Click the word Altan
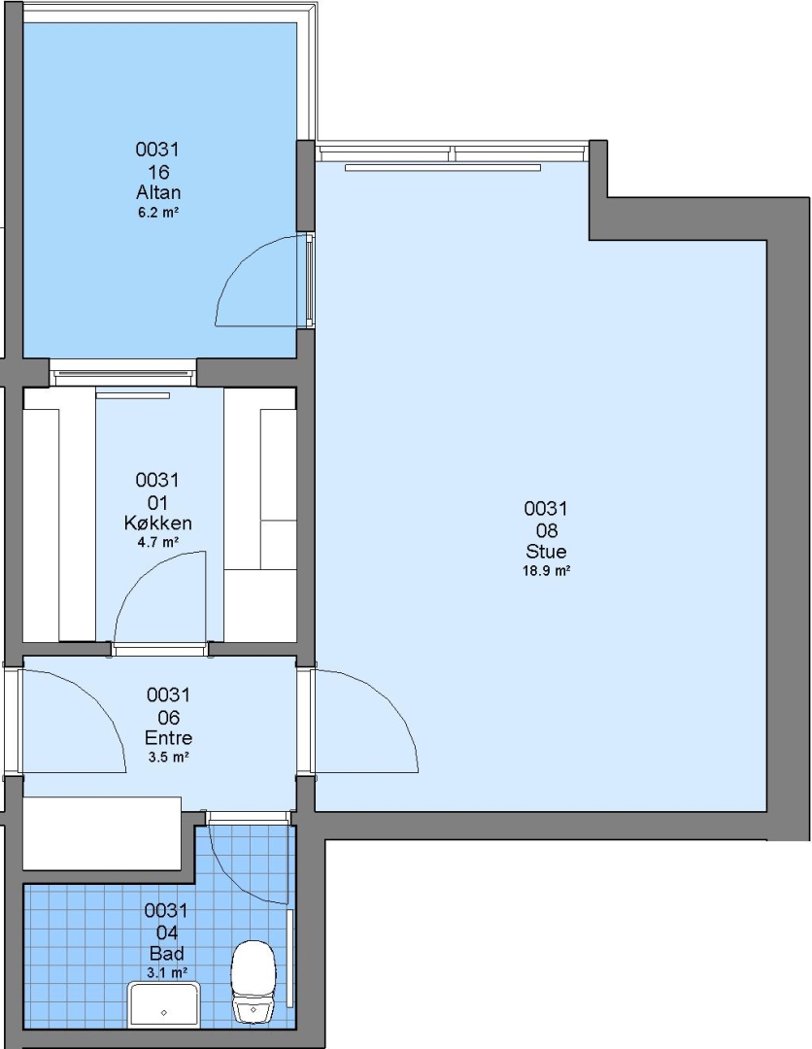pyautogui.click(x=158, y=192)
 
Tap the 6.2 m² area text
pyautogui.click(x=158, y=213)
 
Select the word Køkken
pyautogui.click(x=158, y=523)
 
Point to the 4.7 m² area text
pyautogui.click(x=158, y=542)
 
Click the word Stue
pyautogui.click(x=546, y=552)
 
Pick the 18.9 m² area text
pyautogui.click(x=546, y=571)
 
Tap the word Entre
pyautogui.click(x=169, y=738)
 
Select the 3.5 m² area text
pyautogui.click(x=169, y=758)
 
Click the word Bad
pyautogui.click(x=166, y=954)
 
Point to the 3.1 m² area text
pyautogui.click(x=166, y=972)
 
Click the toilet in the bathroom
pyautogui.click(x=254, y=981)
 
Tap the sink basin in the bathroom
pyautogui.click(x=164, y=1005)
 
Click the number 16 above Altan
pyautogui.click(x=158, y=172)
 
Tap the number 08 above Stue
pyautogui.click(x=547, y=530)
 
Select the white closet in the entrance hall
pyautogui.click(x=102, y=833)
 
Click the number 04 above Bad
pyautogui.click(x=166, y=932)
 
